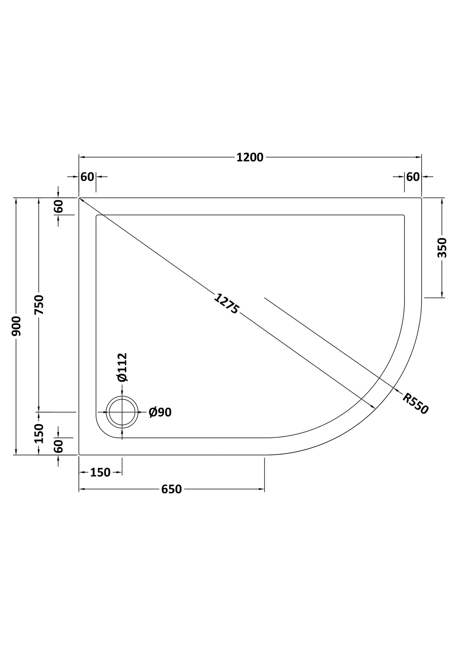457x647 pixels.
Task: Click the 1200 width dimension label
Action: [x=250, y=157]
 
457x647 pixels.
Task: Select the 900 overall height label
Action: [x=16, y=326]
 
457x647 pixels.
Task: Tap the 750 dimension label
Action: [x=39, y=305]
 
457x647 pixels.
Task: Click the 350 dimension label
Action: [x=442, y=248]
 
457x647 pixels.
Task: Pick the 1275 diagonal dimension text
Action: [x=227, y=304]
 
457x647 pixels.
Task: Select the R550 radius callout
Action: [x=415, y=403]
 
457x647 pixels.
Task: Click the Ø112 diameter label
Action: [x=122, y=367]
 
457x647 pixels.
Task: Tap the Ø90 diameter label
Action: [x=160, y=412]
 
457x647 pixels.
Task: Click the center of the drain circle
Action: [x=122, y=412]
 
